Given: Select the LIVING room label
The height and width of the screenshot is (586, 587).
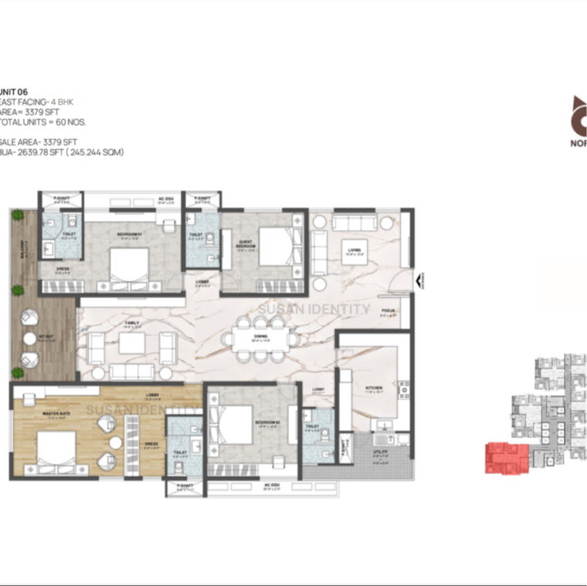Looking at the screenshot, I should click(355, 250).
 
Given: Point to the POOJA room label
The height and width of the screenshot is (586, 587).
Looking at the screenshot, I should click(388, 312).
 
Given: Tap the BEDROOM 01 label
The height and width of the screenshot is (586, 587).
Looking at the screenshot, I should click(127, 233).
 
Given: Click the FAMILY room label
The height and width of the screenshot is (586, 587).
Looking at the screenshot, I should click(132, 324).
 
